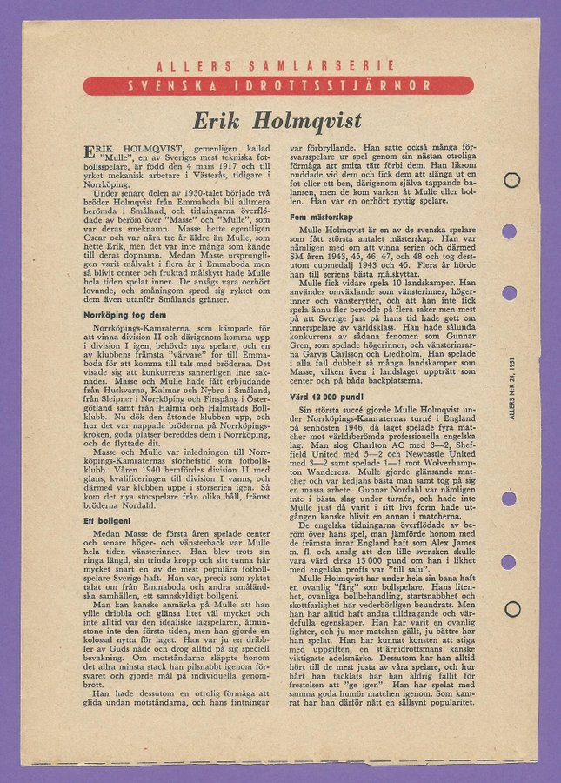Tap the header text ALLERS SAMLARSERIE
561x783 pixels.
(x=278, y=67)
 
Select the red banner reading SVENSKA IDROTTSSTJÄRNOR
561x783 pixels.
(x=278, y=85)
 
